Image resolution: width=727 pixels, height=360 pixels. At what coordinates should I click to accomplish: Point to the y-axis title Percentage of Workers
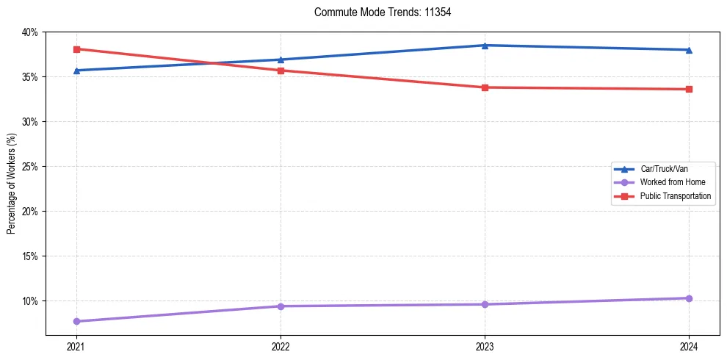click(x=12, y=184)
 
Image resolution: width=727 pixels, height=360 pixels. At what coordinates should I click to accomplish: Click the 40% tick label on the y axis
click(x=30, y=32)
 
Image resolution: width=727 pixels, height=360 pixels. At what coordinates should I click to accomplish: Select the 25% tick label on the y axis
click(x=30, y=167)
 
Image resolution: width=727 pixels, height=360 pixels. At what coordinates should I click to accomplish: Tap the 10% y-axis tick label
click(x=30, y=301)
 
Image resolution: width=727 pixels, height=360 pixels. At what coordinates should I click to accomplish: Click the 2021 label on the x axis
click(x=76, y=345)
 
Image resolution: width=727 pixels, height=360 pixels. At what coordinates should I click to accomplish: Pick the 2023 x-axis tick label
click(x=485, y=345)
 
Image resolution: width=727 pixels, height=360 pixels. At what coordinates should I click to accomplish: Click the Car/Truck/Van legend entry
click(x=664, y=169)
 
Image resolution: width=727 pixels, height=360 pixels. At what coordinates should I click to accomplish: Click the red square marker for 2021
click(x=76, y=49)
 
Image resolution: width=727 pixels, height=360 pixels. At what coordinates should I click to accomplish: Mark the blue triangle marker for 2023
click(x=485, y=46)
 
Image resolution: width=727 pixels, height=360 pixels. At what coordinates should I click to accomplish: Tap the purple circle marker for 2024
click(x=689, y=298)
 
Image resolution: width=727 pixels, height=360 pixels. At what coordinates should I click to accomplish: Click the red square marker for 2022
click(x=281, y=71)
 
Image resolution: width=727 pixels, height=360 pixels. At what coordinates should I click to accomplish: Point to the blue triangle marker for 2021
click(x=76, y=71)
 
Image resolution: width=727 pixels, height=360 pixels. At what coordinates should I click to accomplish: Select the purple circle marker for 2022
click(x=281, y=306)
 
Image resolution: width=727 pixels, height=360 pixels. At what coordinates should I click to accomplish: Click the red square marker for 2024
click(x=689, y=90)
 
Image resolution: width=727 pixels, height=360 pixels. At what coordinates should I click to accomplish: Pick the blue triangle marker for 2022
click(x=281, y=60)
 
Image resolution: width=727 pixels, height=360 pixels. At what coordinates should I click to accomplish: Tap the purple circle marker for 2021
click(x=76, y=321)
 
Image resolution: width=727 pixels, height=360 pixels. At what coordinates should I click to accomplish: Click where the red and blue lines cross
click(x=214, y=63)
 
